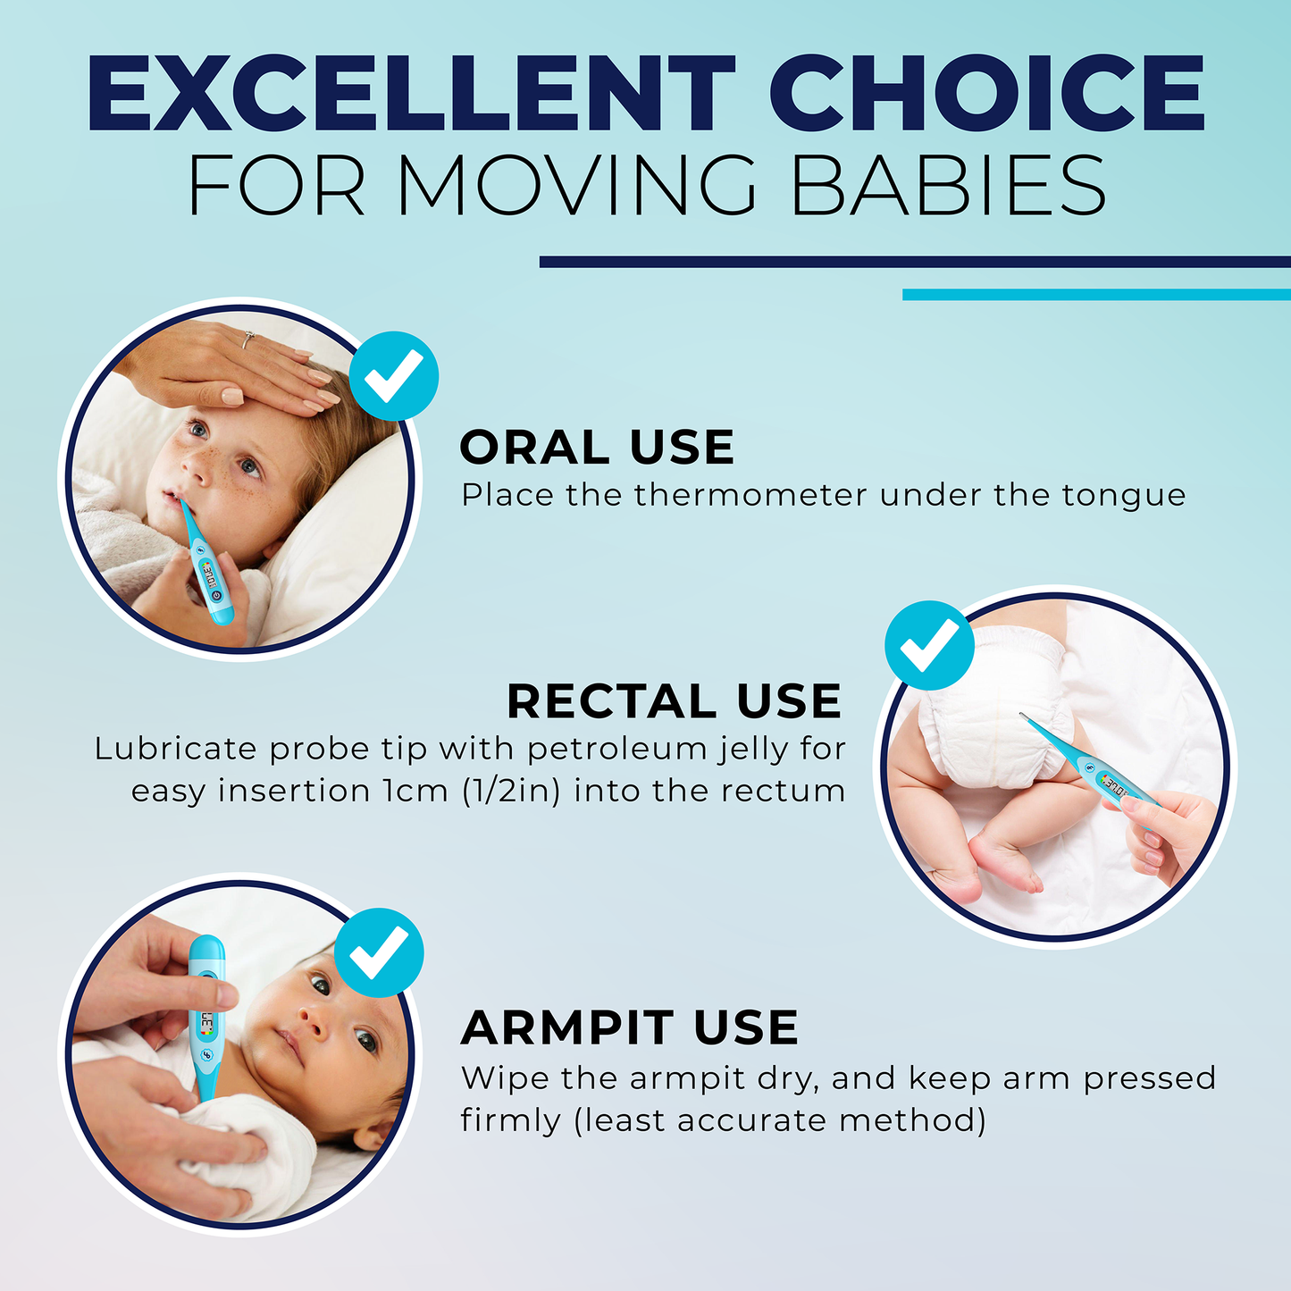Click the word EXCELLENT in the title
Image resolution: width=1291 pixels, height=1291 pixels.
411,93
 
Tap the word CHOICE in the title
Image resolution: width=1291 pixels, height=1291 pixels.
987,93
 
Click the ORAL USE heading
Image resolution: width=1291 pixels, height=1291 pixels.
597,447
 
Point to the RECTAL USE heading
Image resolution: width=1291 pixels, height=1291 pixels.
674,700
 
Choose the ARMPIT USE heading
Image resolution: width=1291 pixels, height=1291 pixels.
630,1027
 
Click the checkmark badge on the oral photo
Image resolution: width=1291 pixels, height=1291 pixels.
394,376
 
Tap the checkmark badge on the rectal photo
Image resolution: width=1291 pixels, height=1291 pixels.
929,645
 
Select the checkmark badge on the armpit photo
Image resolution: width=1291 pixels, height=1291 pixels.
379,952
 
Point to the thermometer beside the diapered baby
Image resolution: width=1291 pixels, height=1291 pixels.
1089,770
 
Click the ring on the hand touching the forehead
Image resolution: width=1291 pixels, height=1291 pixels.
248,339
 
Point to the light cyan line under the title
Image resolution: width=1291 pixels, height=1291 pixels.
1097,295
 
